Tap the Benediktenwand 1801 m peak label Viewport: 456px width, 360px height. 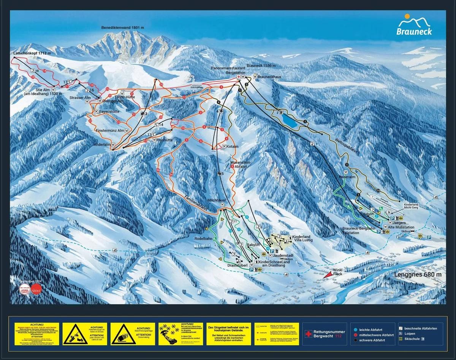coord(122,28)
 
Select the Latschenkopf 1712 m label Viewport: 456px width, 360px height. coord(32,53)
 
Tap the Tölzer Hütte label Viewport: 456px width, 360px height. coord(125,97)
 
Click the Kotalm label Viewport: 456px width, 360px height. coord(233,146)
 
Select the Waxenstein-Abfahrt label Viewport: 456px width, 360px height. coord(241,164)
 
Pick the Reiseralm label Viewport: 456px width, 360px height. coord(347,177)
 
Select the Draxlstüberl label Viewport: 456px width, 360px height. coord(238,265)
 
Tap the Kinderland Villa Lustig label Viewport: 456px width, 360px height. coord(301,239)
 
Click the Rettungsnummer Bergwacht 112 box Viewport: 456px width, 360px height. coord(325,334)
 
